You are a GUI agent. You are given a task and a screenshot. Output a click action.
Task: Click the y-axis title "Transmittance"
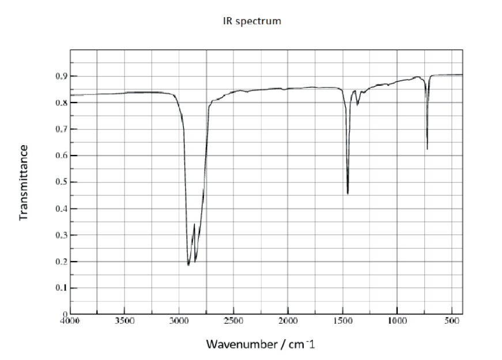pos(24,183)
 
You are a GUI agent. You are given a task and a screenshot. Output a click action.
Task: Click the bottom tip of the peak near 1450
pos(348,194)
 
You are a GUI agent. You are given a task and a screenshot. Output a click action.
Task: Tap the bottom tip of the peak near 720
pos(427,149)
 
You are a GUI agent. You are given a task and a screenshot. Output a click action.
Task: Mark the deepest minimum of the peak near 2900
pos(188,265)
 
